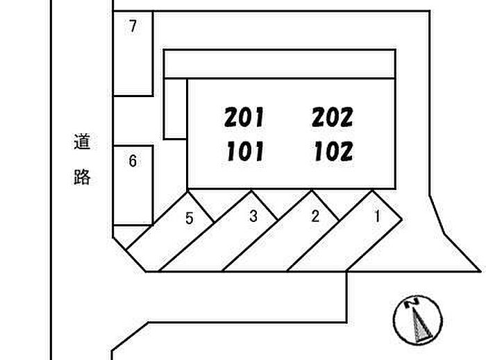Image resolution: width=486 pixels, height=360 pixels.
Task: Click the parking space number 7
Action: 133,27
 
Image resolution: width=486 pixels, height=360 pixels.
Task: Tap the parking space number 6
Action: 133,162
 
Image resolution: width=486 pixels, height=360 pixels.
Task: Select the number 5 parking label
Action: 189,219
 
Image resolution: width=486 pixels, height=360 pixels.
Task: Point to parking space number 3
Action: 253,216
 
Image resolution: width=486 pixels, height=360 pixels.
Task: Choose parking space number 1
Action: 377,216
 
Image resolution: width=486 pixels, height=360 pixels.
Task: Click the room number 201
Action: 244,117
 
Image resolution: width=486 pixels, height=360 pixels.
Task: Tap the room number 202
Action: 333,117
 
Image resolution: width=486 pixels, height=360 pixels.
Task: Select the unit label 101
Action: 244,151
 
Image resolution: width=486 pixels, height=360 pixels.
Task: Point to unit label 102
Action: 333,151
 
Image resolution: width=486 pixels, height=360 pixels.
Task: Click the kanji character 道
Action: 82,144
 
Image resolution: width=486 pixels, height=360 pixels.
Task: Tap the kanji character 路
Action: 82,178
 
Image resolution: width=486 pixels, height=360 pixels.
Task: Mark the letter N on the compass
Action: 412,302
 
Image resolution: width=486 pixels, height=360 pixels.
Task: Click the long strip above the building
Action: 278,64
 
